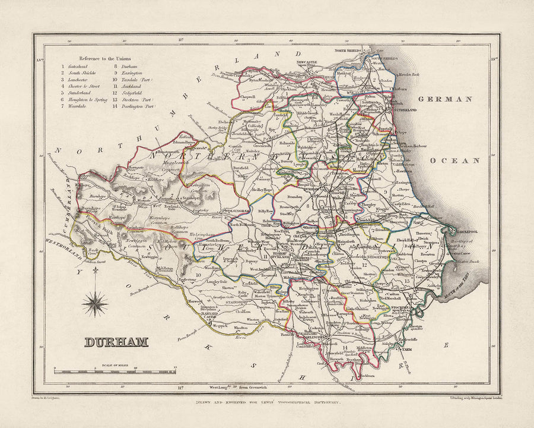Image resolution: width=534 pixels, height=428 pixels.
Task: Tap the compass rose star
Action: tap(95, 303)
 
